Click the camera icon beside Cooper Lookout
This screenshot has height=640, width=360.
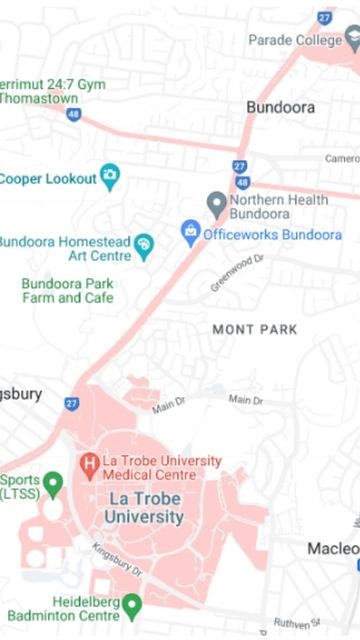point(110,178)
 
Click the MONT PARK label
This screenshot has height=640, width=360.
point(255,329)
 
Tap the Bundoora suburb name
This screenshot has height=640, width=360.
point(280,107)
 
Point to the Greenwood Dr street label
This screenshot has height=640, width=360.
point(236,272)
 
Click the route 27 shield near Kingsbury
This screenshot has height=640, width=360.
point(71,403)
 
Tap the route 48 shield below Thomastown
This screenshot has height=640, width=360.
point(73,115)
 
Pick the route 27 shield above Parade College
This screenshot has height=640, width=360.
point(324,17)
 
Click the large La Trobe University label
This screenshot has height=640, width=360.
point(146,507)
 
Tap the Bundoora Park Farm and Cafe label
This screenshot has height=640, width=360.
point(68,291)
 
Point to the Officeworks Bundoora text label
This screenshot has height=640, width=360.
point(272,235)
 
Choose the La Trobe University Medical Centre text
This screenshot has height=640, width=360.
point(161,467)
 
